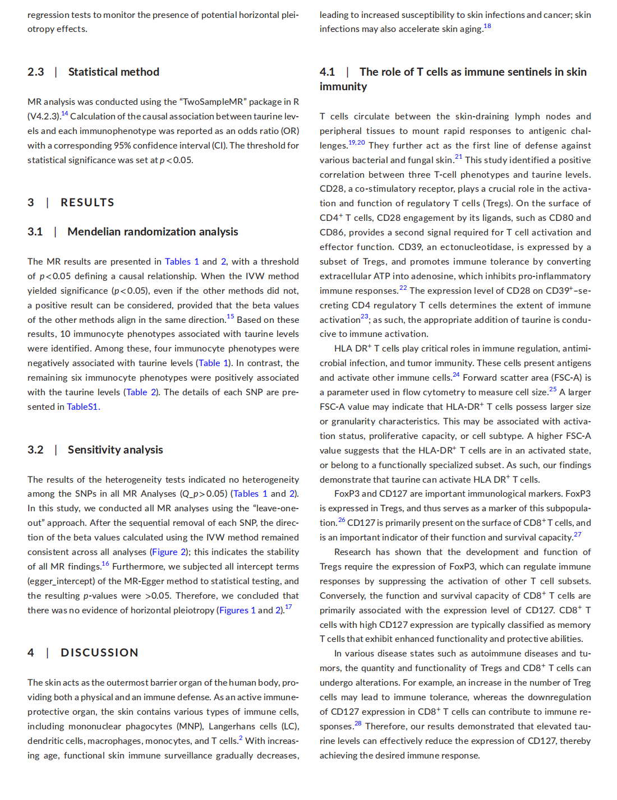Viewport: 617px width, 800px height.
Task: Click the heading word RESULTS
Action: point(87,202)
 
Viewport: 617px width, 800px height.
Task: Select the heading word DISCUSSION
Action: point(99,653)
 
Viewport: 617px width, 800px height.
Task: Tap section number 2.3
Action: point(35,72)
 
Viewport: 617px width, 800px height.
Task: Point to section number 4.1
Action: point(327,72)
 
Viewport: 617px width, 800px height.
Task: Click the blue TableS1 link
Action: point(82,406)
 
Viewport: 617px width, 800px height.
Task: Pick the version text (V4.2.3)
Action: point(43,116)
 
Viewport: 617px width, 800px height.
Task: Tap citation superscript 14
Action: point(65,113)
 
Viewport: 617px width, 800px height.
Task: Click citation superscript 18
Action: point(487,26)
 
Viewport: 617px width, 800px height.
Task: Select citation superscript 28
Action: point(358,723)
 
